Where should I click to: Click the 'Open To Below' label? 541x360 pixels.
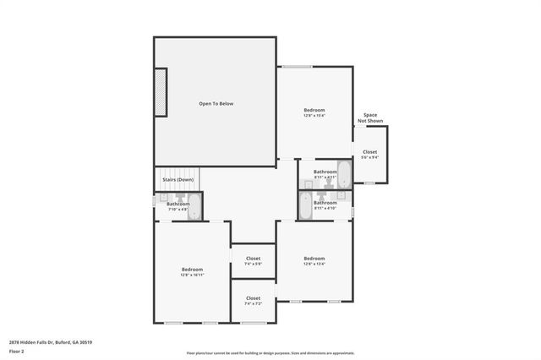tap(216, 104)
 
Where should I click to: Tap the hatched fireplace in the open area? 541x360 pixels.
tap(160, 93)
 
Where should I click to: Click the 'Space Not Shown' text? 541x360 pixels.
tap(370, 117)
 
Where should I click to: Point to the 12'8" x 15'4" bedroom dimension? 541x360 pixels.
tap(314, 117)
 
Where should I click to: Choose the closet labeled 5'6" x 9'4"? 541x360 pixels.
tap(370, 155)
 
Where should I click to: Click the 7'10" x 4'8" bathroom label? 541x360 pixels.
tap(178, 209)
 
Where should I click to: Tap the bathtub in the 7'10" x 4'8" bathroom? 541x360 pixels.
tap(194, 207)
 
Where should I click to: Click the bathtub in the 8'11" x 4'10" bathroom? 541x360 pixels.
tap(306, 204)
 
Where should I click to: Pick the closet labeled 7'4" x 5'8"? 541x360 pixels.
tap(253, 261)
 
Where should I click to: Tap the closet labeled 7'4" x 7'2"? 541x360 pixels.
tap(253, 301)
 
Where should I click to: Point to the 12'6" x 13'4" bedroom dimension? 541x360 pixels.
tap(314, 264)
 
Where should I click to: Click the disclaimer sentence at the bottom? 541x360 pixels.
tap(270, 353)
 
